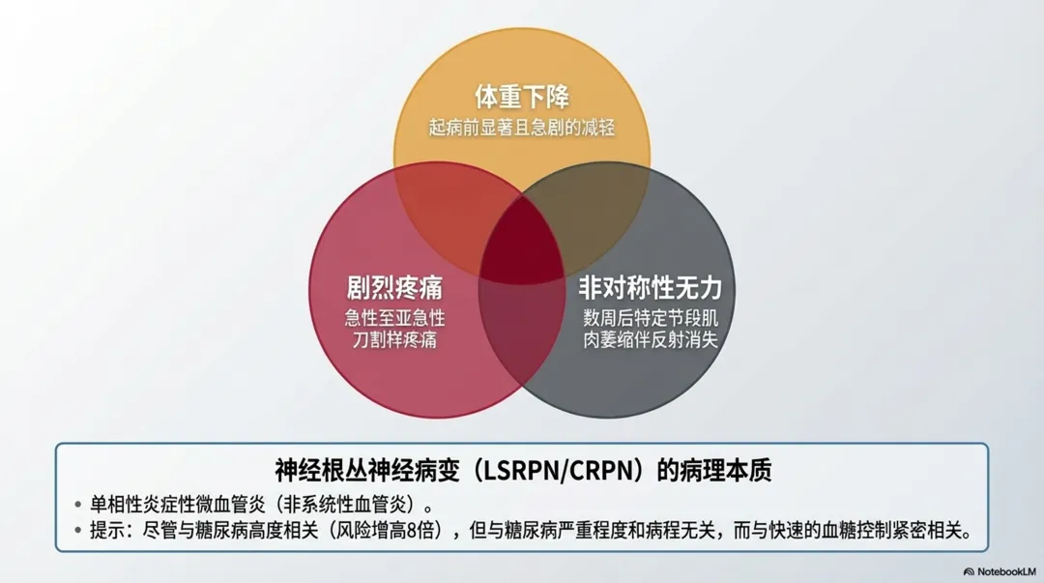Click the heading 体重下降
tap(521, 98)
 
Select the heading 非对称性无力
tap(650, 288)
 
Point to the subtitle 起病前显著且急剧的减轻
tap(521, 128)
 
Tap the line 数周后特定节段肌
tap(650, 317)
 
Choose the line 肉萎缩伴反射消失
tap(650, 339)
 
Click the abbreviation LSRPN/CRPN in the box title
tap(559, 471)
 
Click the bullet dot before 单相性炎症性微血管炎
tap(78, 505)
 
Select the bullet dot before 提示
tap(78, 531)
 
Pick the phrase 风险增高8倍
tap(385, 531)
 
